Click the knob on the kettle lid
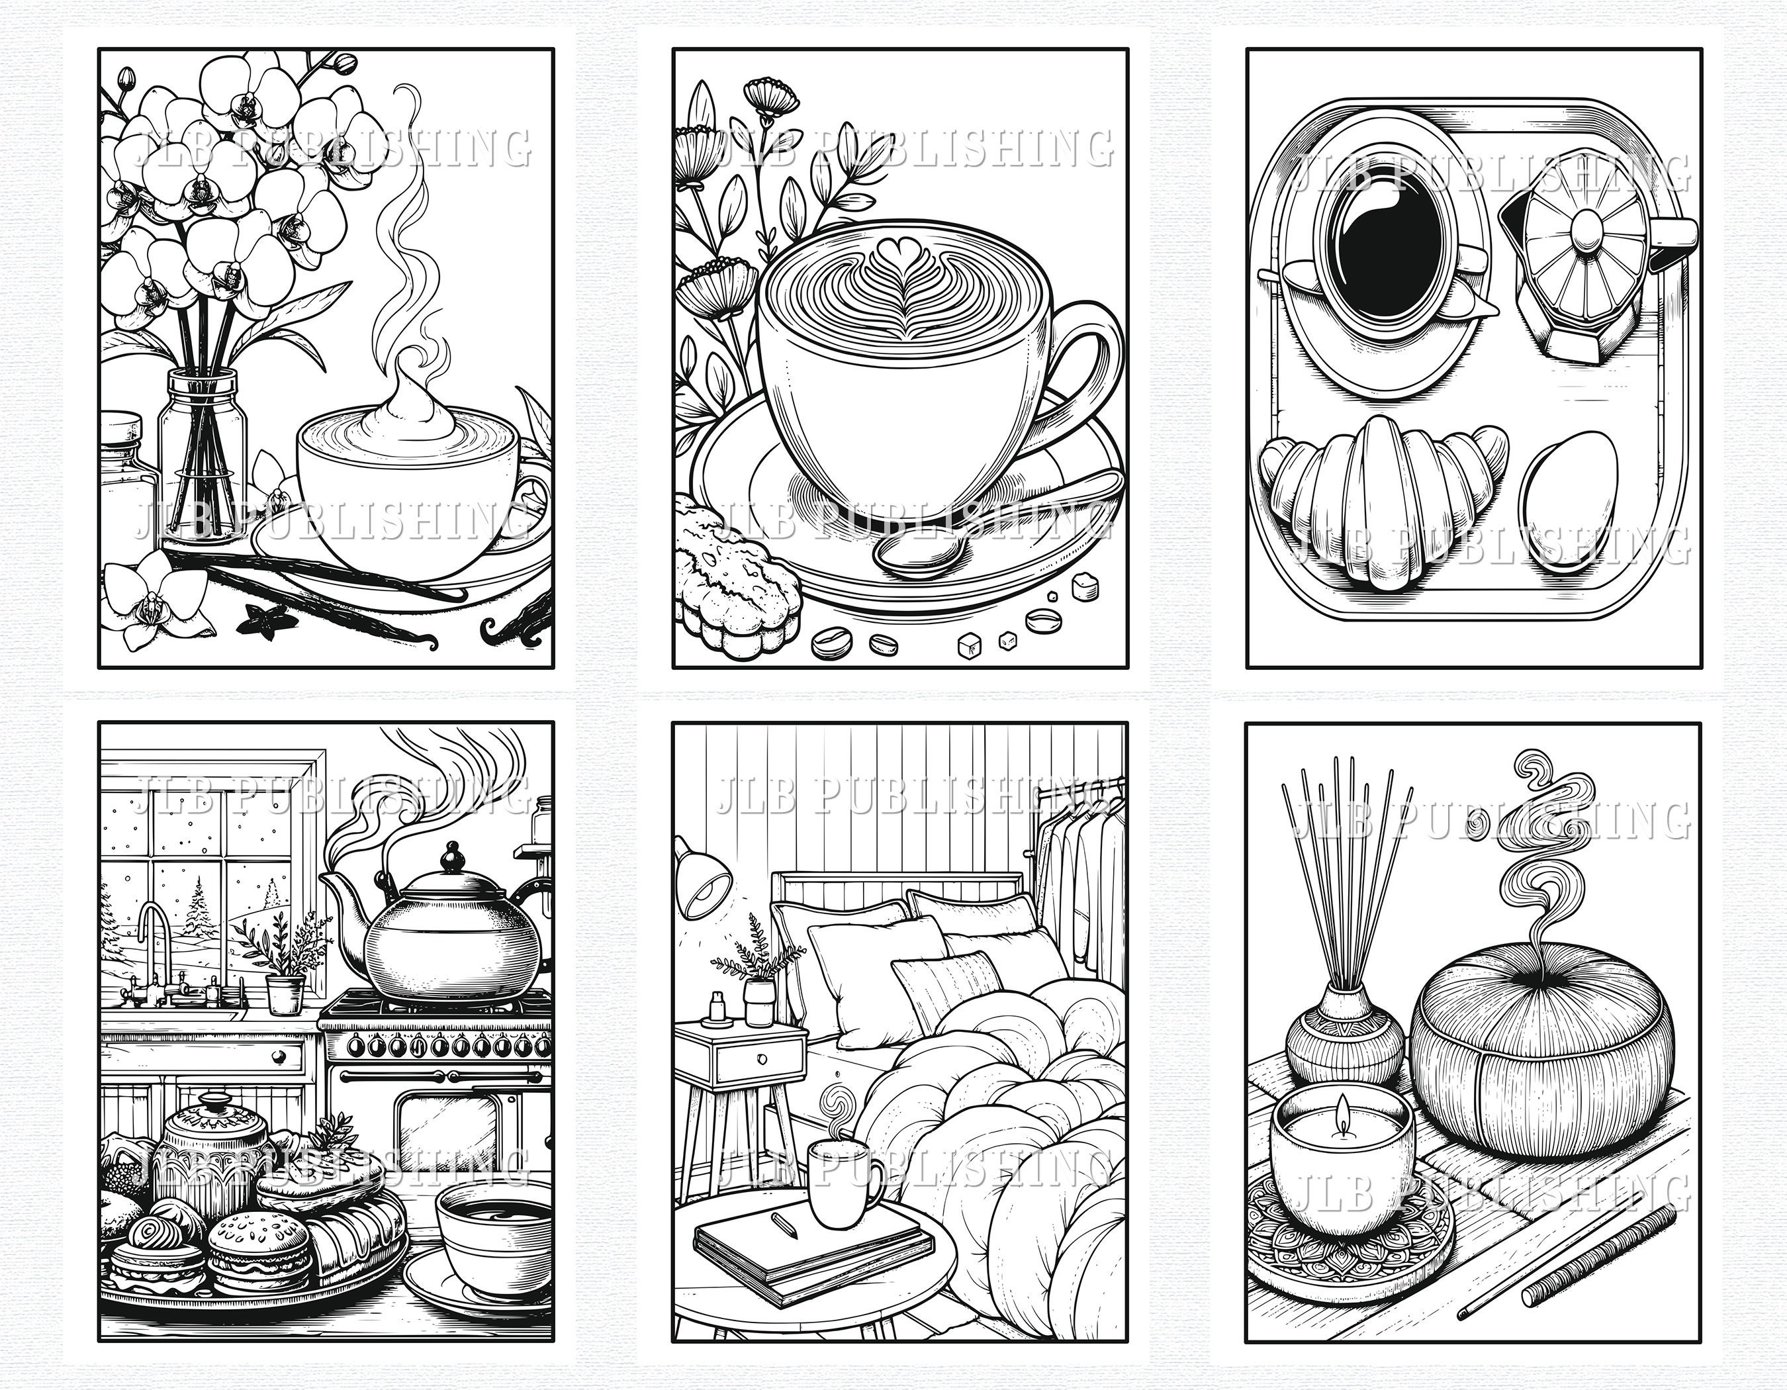[451, 858]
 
